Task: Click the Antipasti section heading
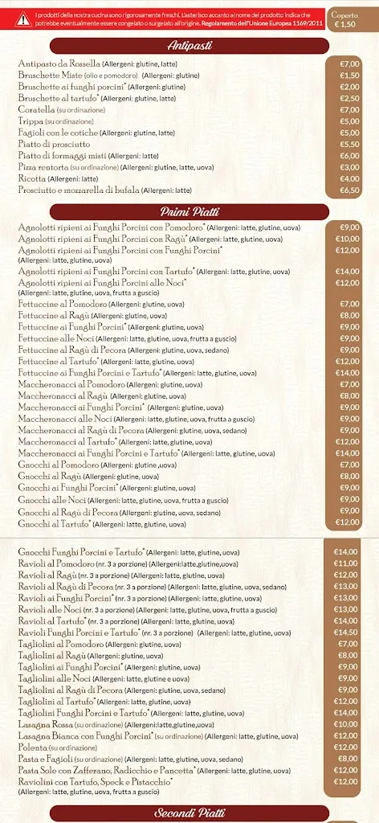click(x=189, y=46)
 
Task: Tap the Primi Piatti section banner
click(x=189, y=211)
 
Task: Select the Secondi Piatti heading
click(x=189, y=813)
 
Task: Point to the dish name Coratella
click(x=35, y=109)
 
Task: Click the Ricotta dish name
click(x=32, y=178)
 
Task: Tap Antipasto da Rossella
click(x=59, y=63)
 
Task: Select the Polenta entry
click(x=33, y=747)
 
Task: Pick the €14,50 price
click(x=347, y=632)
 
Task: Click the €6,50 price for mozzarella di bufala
click(x=349, y=190)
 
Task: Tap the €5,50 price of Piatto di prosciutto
click(x=349, y=144)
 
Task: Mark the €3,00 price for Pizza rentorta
click(x=349, y=167)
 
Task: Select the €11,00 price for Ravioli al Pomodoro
click(x=347, y=563)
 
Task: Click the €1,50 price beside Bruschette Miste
click(x=349, y=75)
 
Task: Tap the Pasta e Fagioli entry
click(x=45, y=759)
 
